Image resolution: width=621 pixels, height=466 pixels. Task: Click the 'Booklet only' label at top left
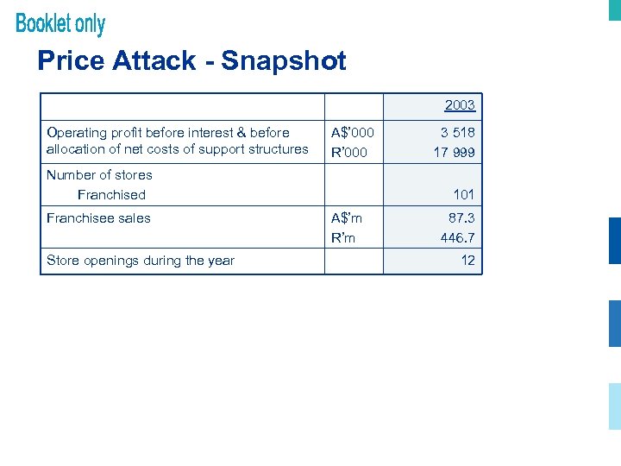coord(60,23)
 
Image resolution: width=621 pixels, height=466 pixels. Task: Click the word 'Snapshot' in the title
coord(284,60)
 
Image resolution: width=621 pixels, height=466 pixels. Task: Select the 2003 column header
coord(460,105)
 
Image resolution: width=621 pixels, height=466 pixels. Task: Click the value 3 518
coord(457,132)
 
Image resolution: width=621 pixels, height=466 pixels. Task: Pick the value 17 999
coord(454,152)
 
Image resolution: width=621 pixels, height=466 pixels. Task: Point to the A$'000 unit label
coord(353,132)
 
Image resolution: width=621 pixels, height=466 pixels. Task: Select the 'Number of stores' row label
coord(99,174)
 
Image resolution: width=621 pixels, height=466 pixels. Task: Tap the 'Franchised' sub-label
coord(111,195)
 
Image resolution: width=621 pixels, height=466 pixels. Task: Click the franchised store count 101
coord(464,195)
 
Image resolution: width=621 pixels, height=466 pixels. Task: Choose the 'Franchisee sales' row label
coord(98,218)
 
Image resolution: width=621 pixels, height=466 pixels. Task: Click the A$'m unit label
coord(347,218)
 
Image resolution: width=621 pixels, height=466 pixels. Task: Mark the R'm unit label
coord(343,237)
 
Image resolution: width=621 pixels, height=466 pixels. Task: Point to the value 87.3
coord(461,218)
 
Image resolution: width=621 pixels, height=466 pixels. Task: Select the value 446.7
coord(457,237)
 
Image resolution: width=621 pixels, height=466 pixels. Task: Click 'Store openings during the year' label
coord(141,261)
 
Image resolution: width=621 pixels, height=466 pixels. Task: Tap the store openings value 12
coord(467,261)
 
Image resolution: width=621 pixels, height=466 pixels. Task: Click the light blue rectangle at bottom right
coord(614,406)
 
